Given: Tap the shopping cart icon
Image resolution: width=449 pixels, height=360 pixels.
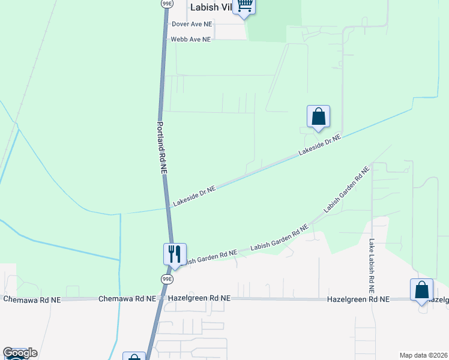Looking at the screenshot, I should (244, 6).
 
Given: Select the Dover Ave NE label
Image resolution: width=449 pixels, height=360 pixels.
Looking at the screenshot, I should (191, 24).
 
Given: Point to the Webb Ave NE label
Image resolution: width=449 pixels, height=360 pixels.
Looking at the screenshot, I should (190, 39).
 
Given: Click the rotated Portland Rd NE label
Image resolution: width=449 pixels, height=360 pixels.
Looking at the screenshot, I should (161, 148).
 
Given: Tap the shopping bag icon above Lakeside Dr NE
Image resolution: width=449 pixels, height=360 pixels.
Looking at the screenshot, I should (318, 117).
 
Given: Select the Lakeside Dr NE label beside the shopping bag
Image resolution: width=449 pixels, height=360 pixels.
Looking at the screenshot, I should (319, 145).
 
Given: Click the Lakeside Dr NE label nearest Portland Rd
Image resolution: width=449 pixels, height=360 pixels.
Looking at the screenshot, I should (194, 196).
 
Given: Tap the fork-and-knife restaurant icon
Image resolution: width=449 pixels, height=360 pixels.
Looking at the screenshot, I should (175, 254).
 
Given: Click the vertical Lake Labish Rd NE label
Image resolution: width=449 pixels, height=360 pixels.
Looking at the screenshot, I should (372, 262).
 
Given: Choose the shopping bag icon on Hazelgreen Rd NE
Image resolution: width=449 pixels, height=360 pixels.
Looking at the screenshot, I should (421, 290).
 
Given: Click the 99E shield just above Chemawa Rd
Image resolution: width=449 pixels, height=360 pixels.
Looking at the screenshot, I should (167, 278).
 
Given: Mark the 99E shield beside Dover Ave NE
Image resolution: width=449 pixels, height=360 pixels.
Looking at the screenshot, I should (167, 4).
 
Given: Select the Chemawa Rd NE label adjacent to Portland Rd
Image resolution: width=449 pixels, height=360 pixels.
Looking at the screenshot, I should (127, 298).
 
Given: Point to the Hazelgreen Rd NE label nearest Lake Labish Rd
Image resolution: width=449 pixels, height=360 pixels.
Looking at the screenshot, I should (358, 299).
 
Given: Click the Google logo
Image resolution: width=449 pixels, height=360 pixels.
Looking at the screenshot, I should (20, 353).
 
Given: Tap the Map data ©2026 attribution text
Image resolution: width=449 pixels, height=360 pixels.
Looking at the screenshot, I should (424, 355).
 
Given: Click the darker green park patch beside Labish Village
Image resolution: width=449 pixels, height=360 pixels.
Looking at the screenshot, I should (274, 21).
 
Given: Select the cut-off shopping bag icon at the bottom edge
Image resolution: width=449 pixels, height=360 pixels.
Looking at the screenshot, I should (134, 356).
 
